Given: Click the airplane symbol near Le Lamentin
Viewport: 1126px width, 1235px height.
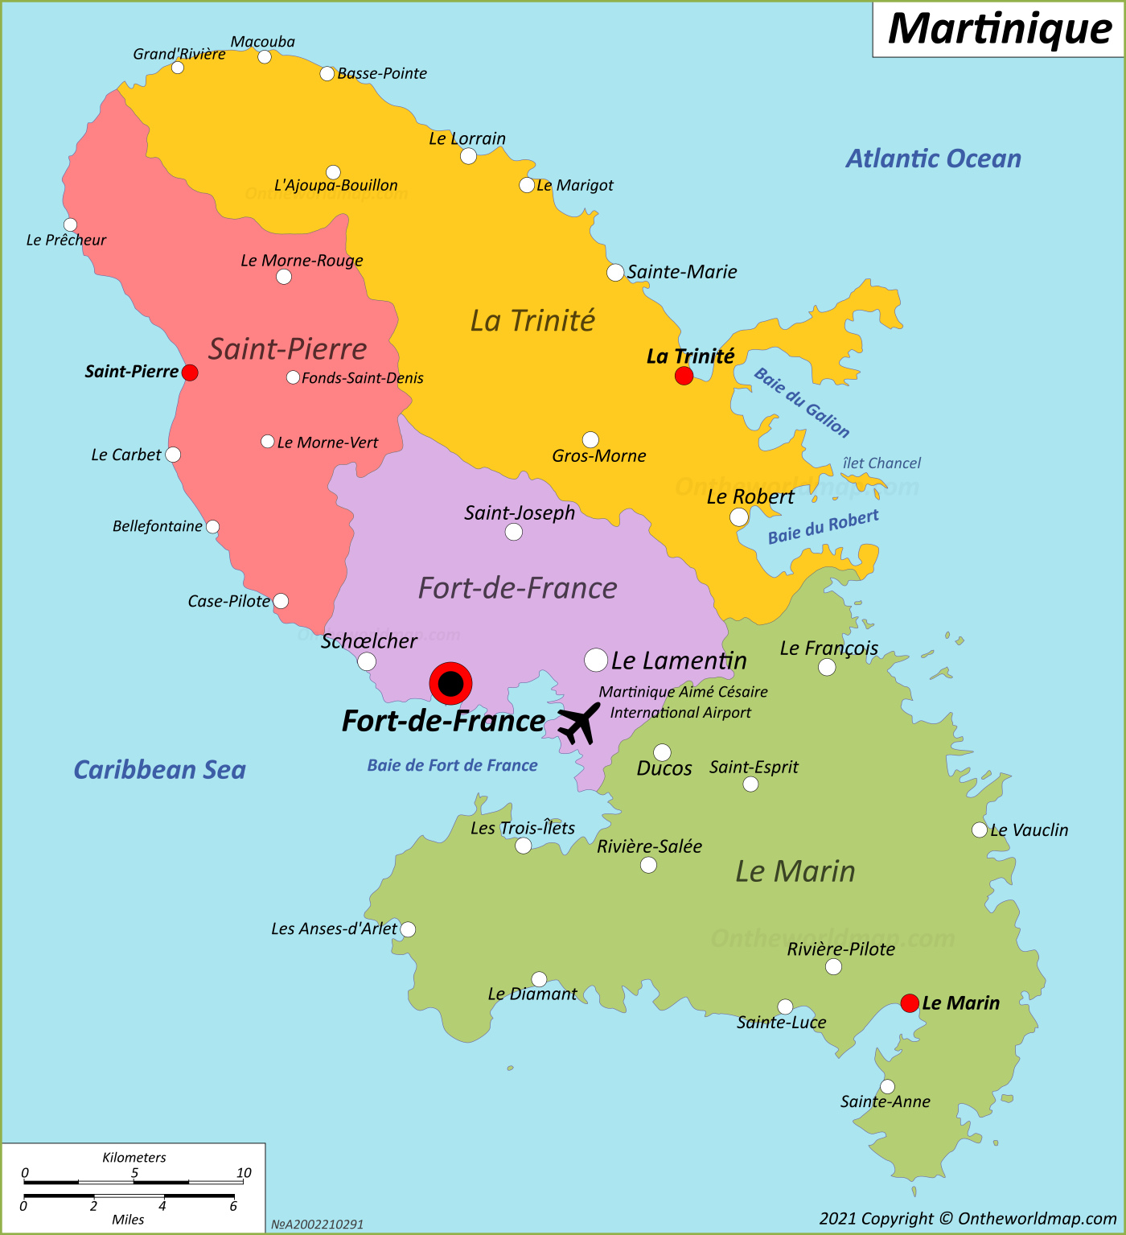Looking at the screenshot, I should point(579,723).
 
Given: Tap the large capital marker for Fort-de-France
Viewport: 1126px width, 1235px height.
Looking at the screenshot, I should point(450,684).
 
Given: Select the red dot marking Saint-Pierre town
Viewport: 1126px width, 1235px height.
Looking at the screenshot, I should point(190,373).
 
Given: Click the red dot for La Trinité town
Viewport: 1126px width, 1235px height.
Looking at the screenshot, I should point(684,376).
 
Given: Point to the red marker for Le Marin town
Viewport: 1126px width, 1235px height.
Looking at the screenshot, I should point(910,1003).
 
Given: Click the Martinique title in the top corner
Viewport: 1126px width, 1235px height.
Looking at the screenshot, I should point(999,29).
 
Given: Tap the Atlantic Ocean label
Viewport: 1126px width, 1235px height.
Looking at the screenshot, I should point(933,158).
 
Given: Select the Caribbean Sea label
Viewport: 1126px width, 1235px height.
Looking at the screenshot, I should point(159,770).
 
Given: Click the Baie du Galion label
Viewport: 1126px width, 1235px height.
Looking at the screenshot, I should point(802,403).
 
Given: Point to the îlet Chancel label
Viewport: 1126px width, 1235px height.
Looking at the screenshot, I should point(881,463).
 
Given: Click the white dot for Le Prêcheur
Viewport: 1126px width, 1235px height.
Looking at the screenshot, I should point(71,225).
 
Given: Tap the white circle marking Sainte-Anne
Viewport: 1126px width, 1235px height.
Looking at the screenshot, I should point(887,1087).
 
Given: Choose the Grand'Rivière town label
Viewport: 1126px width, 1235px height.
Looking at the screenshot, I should point(179,54).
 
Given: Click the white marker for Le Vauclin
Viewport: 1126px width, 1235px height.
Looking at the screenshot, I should point(979,830).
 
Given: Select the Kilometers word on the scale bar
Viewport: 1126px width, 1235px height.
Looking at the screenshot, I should point(134,1158).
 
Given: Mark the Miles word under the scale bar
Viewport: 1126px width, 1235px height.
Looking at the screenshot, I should point(128,1220).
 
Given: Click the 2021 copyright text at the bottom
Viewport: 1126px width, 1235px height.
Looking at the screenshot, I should point(968,1219).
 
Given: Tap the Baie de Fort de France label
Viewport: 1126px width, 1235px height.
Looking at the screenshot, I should point(452,766).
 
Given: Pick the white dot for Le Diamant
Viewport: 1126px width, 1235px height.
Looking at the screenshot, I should point(539,979).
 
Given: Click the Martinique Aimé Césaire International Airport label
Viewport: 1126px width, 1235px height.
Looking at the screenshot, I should point(682,702).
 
